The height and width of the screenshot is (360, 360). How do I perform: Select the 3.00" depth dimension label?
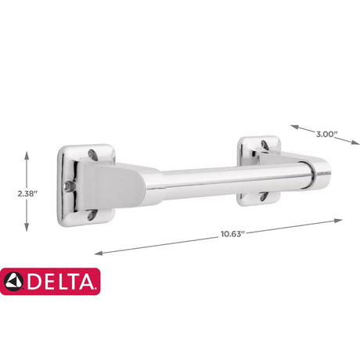[323, 134]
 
